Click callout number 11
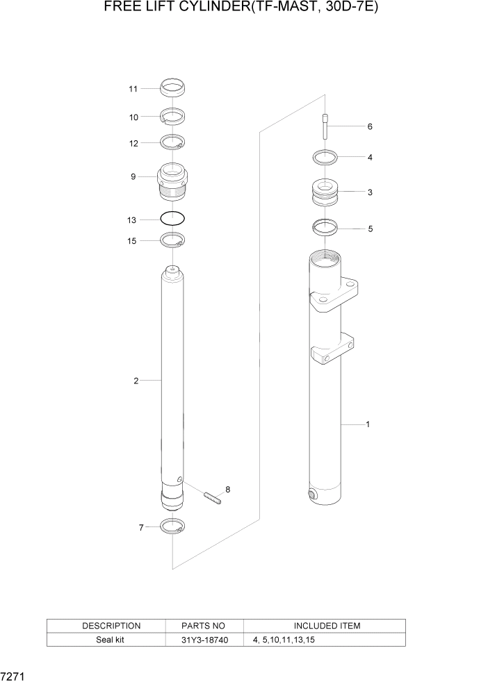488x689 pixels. (x=133, y=89)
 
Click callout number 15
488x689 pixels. (x=132, y=240)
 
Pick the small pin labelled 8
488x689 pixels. (x=213, y=497)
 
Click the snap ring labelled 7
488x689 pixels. (x=172, y=526)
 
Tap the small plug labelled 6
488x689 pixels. (x=325, y=127)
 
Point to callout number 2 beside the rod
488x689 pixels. (x=136, y=381)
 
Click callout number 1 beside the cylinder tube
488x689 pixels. (x=367, y=424)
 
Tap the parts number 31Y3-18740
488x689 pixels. (x=204, y=640)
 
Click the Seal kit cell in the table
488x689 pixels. (x=111, y=640)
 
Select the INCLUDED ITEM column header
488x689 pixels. (x=325, y=626)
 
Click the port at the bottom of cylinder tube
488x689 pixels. (x=311, y=495)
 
